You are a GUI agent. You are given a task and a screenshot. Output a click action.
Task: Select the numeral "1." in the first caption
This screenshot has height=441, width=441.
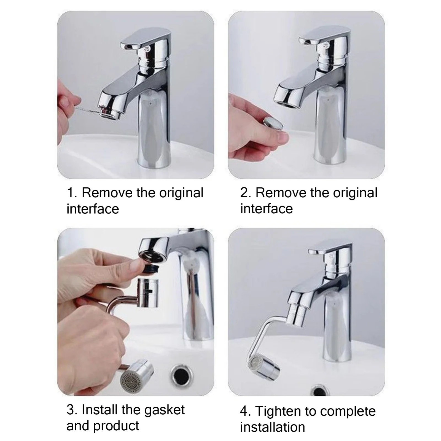[x=72, y=193]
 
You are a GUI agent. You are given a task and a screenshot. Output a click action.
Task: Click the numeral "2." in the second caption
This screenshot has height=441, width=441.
[x=245, y=193]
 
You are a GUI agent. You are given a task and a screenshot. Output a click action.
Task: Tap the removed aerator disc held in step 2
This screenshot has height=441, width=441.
[x=273, y=123]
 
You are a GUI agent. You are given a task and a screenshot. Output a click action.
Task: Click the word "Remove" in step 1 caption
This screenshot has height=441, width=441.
[x=107, y=193]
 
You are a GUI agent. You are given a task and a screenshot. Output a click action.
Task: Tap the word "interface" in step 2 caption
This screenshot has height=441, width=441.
[x=267, y=209]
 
